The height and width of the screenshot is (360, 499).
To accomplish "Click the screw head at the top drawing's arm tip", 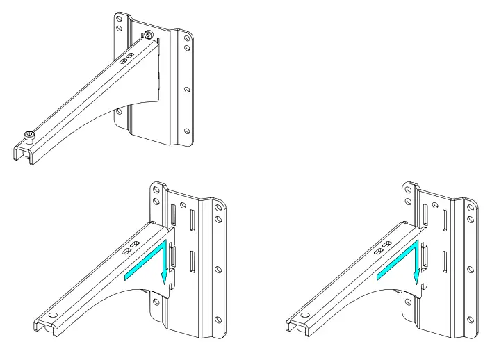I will pyautogui.click(x=28, y=134).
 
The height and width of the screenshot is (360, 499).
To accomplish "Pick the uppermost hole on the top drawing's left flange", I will pyautogui.click(x=117, y=19).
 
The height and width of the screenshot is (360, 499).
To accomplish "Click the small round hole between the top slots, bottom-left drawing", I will pyautogui.click(x=181, y=206).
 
